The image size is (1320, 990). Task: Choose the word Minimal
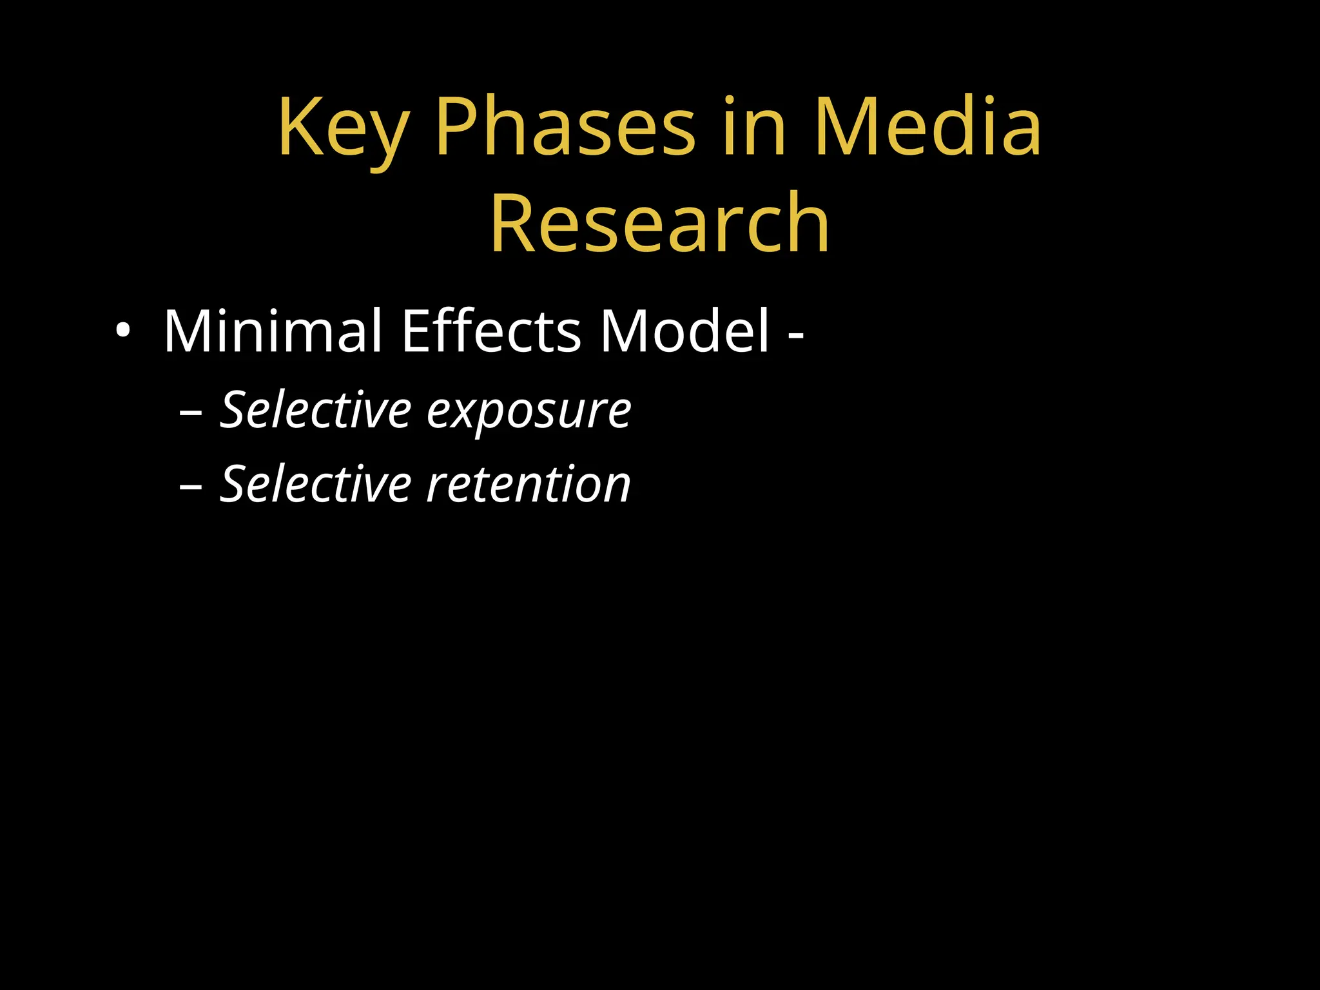click(x=273, y=331)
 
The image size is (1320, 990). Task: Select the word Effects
click(x=491, y=331)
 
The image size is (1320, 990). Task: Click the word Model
click(x=684, y=331)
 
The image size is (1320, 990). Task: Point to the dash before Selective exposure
click(x=191, y=413)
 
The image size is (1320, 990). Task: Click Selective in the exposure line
click(x=316, y=410)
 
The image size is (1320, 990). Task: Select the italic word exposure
click(x=529, y=412)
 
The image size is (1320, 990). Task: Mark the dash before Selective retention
click(x=191, y=487)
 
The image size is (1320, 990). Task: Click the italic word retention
click(x=529, y=485)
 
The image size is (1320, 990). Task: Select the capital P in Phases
click(x=460, y=127)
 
